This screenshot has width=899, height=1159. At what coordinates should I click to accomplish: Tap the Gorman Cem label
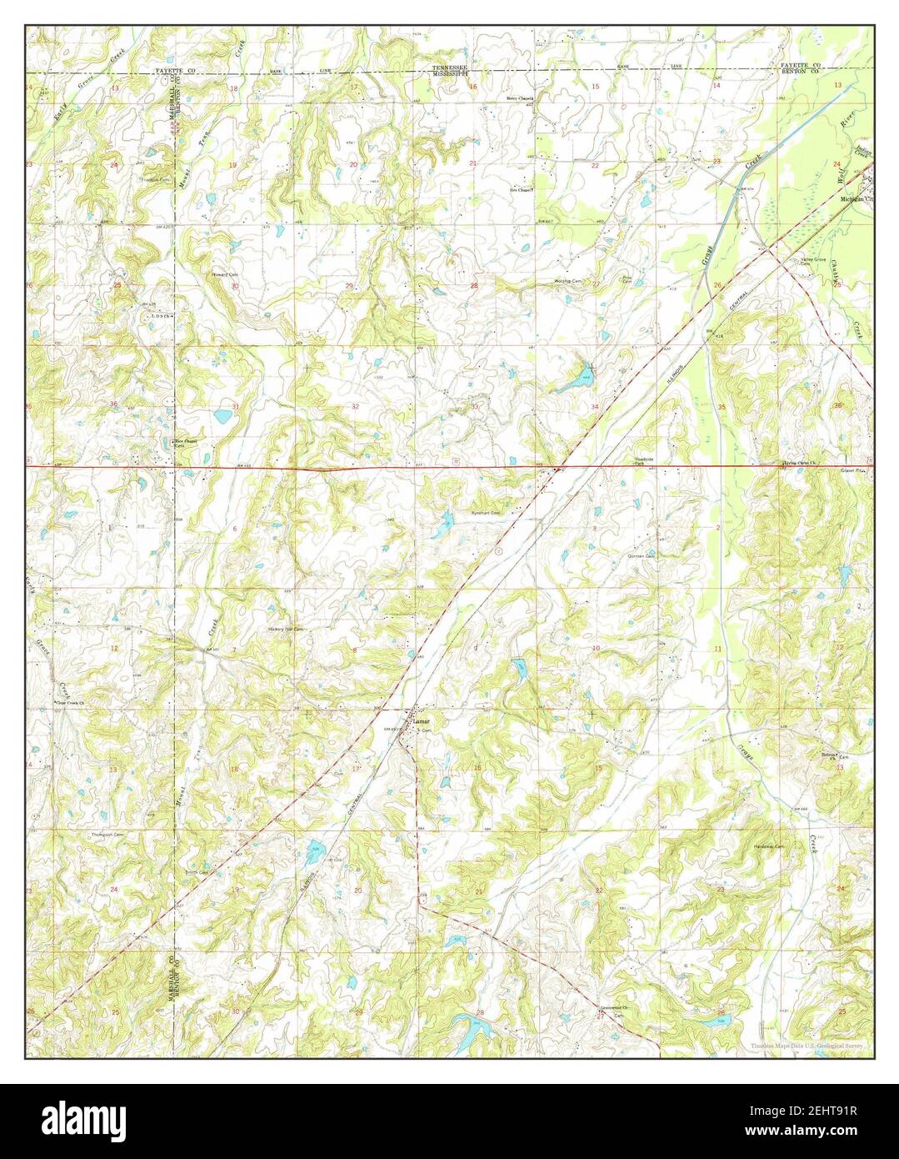644,556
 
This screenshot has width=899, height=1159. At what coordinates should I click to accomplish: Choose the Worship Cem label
567,282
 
